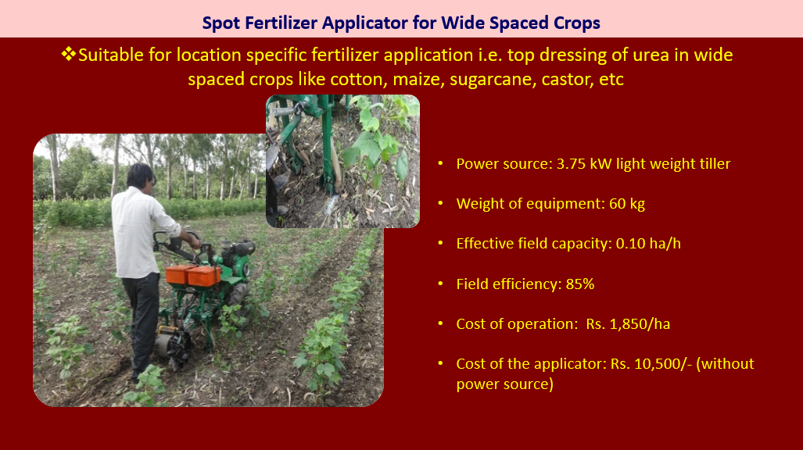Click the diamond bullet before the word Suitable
(x=68, y=54)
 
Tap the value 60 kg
(x=627, y=204)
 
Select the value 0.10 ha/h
(x=648, y=243)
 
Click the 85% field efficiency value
(x=580, y=284)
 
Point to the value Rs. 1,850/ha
(x=628, y=324)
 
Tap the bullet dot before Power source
(x=440, y=163)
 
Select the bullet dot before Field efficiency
(x=440, y=283)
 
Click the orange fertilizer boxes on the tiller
(x=193, y=275)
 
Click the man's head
(x=140, y=176)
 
